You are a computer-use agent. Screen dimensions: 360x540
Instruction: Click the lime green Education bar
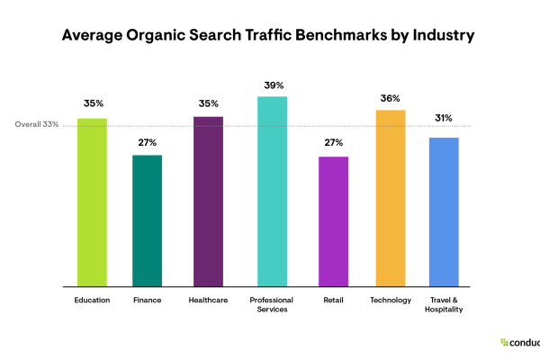click(92, 202)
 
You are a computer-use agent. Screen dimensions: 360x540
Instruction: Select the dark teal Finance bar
click(148, 221)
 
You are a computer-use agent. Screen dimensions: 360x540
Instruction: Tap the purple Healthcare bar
click(208, 202)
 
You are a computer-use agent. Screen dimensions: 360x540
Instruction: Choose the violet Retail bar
click(333, 222)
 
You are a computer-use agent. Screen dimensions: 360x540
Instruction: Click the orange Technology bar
click(391, 198)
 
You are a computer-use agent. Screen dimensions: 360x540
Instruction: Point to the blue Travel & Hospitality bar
click(445, 212)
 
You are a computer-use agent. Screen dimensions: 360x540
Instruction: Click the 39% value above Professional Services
click(272, 85)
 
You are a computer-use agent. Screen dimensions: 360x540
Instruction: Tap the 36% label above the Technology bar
click(391, 98)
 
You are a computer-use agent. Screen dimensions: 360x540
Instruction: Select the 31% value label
click(445, 118)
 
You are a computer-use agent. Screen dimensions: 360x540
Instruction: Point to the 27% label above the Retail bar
click(333, 141)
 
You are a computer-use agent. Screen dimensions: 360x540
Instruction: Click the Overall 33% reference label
click(37, 124)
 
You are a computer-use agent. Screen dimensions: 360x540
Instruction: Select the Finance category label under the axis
click(148, 300)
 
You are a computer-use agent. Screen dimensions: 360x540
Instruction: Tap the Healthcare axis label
click(208, 300)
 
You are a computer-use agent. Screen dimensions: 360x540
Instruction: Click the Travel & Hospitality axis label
click(445, 304)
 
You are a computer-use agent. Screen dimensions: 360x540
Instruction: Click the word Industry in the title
click(442, 38)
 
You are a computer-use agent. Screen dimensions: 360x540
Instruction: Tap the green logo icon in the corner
click(504, 342)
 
